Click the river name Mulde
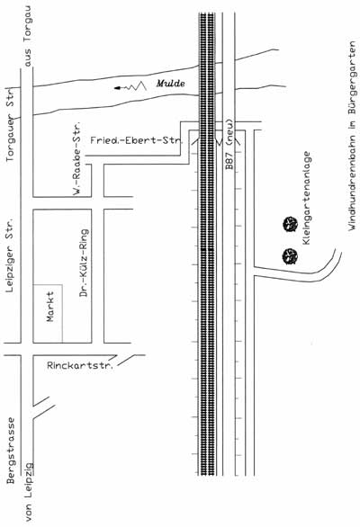click(170, 84)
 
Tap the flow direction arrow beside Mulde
click(130, 86)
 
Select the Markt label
click(50, 307)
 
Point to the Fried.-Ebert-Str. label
click(136, 140)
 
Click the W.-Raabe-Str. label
click(77, 159)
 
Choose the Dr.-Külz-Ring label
click(84, 263)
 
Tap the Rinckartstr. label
click(80, 366)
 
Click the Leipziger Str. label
click(11, 255)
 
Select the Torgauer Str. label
click(11, 124)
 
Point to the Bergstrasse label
click(11, 451)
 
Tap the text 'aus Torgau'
click(28, 37)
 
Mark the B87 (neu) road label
click(229, 144)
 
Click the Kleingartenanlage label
click(306, 198)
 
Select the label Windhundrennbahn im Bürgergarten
click(352, 136)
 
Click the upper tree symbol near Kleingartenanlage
click(290, 224)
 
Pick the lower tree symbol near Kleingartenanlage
click(290, 256)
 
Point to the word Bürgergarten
click(352, 78)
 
